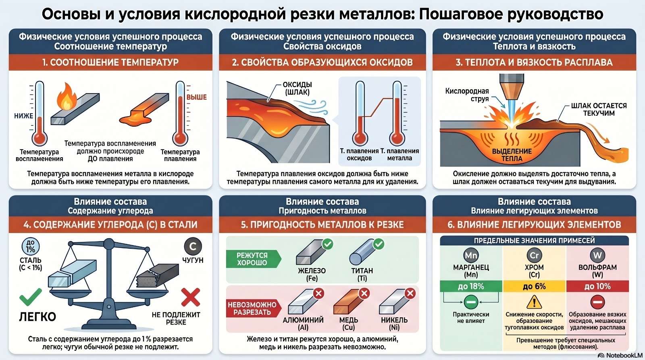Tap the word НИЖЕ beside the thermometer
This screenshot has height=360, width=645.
click(x=24, y=116)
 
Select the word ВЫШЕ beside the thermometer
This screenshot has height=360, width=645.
click(x=197, y=97)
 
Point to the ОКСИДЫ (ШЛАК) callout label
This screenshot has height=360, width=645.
click(x=297, y=88)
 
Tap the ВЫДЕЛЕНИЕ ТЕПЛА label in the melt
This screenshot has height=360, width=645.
click(x=512, y=155)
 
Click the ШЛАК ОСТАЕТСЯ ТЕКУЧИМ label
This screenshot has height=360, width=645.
click(x=599, y=109)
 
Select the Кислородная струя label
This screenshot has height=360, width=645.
click(x=467, y=95)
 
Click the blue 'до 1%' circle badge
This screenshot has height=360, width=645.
click(x=31, y=247)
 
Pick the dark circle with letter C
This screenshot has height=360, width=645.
click(x=193, y=246)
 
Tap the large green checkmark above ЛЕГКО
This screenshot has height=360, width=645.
click(x=31, y=297)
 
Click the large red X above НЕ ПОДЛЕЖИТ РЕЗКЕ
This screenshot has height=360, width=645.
click(x=191, y=297)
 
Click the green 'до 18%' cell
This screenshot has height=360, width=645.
click(x=471, y=286)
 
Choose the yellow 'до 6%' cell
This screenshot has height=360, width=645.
click(x=535, y=286)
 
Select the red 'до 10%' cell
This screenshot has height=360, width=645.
click(x=597, y=286)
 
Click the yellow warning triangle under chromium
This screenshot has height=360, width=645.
click(x=534, y=302)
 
